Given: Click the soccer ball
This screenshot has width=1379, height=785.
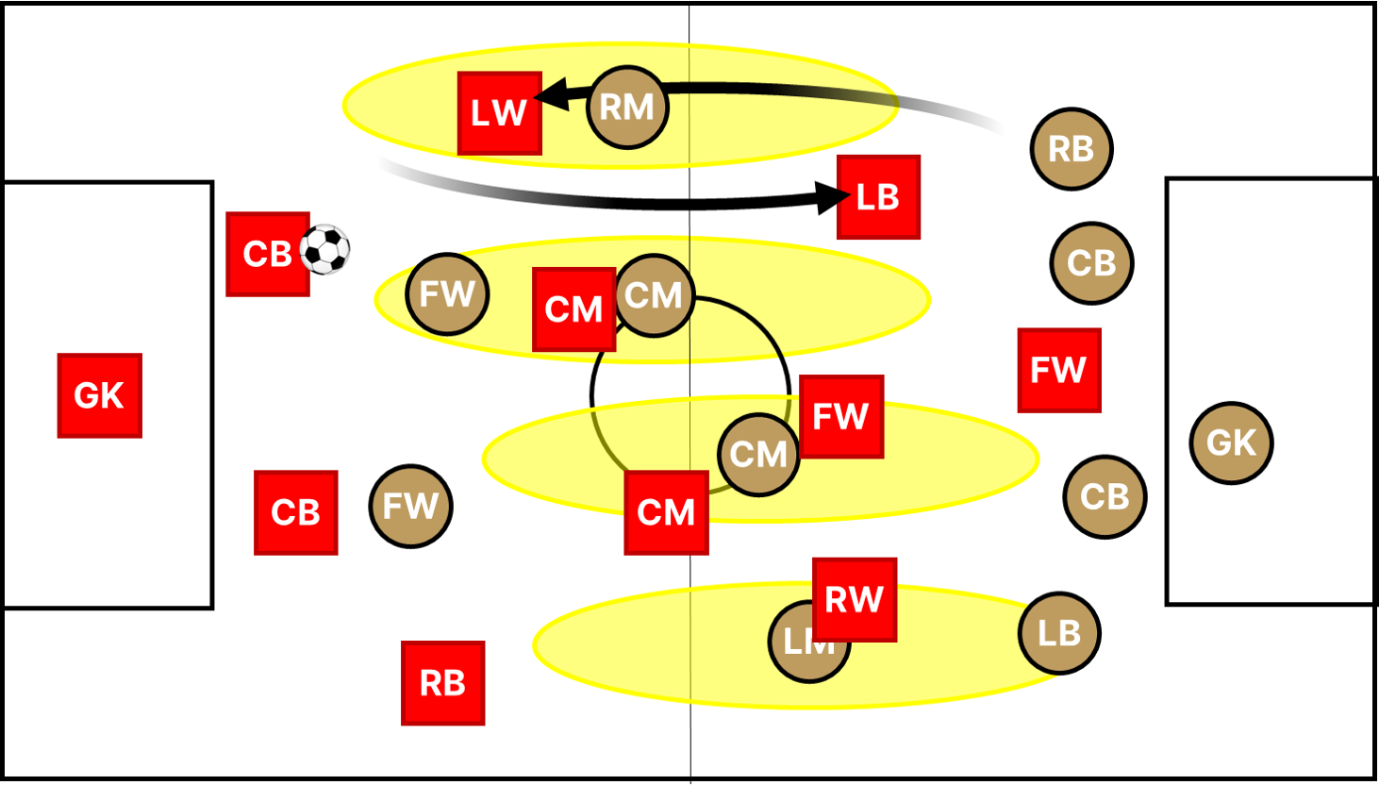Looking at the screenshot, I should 324,250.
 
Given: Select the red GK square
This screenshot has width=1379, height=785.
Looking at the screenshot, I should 100,395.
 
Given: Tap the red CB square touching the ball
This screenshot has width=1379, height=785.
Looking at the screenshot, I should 267,254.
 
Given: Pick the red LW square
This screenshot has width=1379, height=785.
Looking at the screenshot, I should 499,113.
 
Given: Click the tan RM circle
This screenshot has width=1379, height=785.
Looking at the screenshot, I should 627,108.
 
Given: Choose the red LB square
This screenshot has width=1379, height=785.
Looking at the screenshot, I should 878,197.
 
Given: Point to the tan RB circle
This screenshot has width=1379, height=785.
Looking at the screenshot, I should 1071,149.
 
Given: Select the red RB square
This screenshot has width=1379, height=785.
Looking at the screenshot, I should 442,683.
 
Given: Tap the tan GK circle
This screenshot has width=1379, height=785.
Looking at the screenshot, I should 1231,443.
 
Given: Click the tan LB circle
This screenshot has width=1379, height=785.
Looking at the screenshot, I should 1059,633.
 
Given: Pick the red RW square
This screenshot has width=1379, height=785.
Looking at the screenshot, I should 855,599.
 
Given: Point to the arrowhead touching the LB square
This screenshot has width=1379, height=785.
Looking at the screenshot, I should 830,198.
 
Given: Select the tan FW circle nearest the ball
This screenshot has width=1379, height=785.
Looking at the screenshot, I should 447,294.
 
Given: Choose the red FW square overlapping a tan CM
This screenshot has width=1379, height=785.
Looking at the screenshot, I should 841,416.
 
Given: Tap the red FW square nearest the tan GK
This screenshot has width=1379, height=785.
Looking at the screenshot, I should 1058,370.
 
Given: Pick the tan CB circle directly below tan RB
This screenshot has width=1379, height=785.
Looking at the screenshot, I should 1091,263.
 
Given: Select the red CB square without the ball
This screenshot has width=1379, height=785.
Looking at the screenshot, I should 295,512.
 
